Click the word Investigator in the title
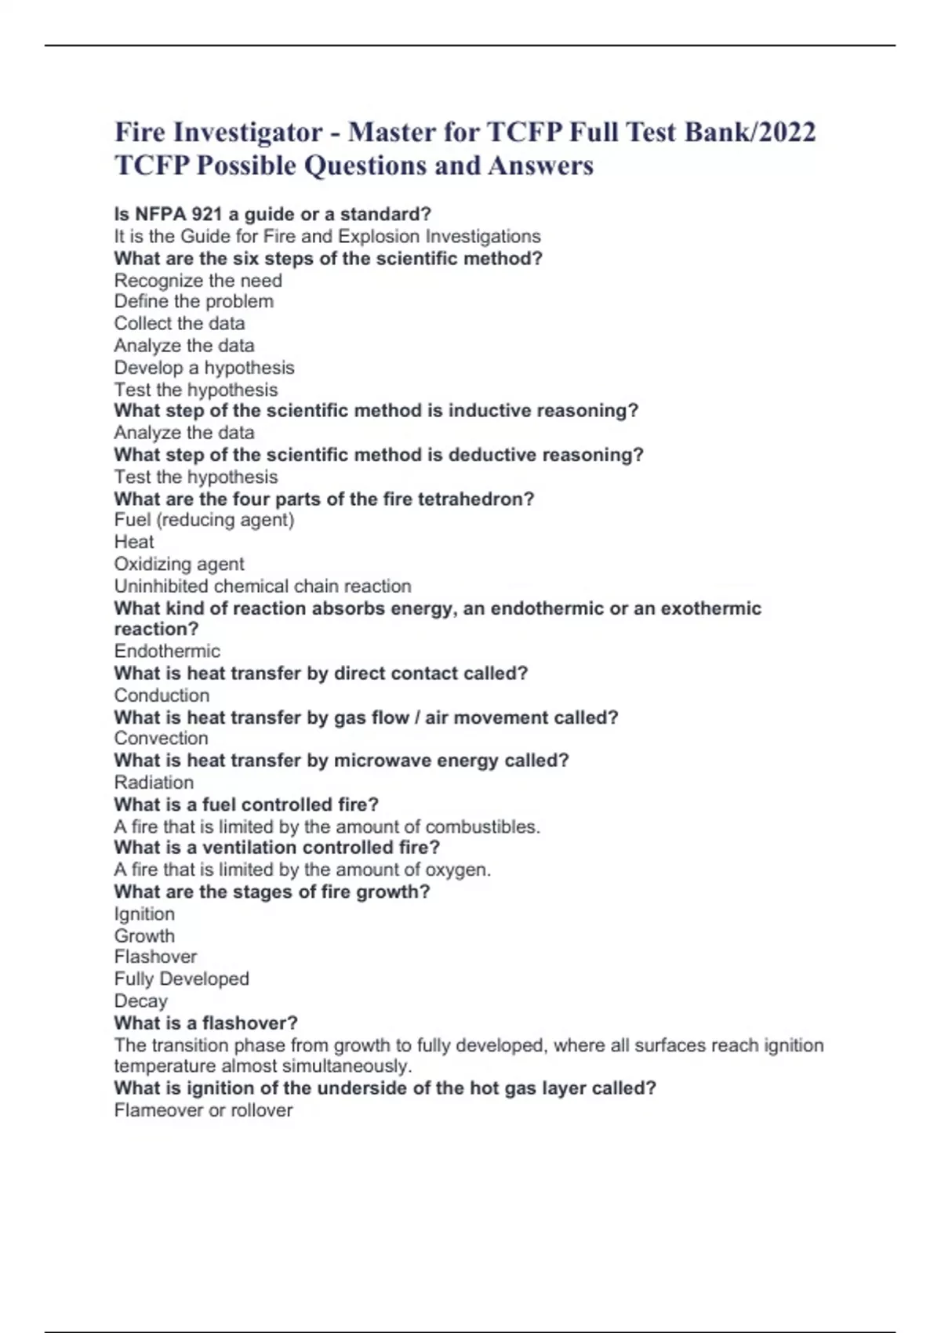tap(247, 132)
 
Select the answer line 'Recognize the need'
tap(198, 280)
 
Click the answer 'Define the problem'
tap(194, 301)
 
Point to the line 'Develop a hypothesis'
tap(204, 367)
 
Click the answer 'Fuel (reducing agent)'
tap(204, 519)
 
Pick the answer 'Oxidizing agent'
tap(179, 564)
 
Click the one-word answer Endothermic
tap(167, 651)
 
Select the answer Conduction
tap(162, 695)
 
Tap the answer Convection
tap(161, 738)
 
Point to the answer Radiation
tap(154, 782)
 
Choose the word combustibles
tap(482, 826)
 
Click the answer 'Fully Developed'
tap(181, 979)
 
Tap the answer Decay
tap(140, 1001)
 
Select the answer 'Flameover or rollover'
tap(203, 1110)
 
